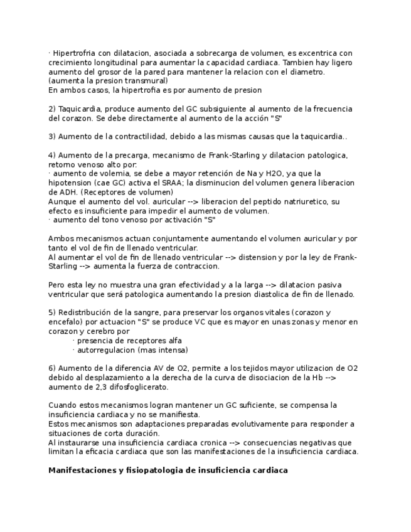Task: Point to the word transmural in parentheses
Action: pos(146,81)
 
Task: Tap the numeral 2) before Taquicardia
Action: pos(52,109)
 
